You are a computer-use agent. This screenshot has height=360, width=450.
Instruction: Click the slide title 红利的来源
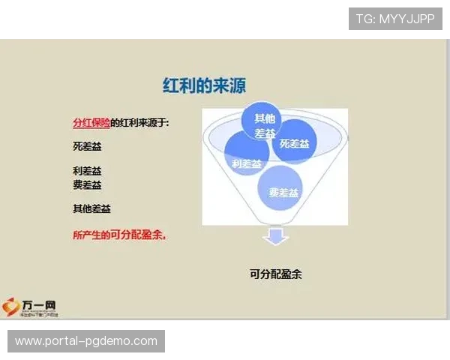coord(205,85)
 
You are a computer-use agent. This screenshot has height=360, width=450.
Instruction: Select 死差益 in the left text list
coord(87,146)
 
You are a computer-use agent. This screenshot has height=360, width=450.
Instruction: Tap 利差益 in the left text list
coord(87,171)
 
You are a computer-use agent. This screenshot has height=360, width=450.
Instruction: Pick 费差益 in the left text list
coord(87,184)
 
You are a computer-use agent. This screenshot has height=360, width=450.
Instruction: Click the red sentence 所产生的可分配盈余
coord(119,235)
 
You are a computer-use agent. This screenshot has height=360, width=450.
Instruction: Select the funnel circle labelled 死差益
coord(294,142)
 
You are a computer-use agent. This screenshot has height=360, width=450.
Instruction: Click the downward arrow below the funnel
coord(275,238)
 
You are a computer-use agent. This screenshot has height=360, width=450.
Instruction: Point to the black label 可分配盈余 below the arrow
coord(275,274)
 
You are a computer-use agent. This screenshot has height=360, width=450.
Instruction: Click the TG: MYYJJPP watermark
coord(395,19)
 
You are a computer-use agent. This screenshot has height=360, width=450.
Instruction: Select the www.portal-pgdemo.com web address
coord(86,341)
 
